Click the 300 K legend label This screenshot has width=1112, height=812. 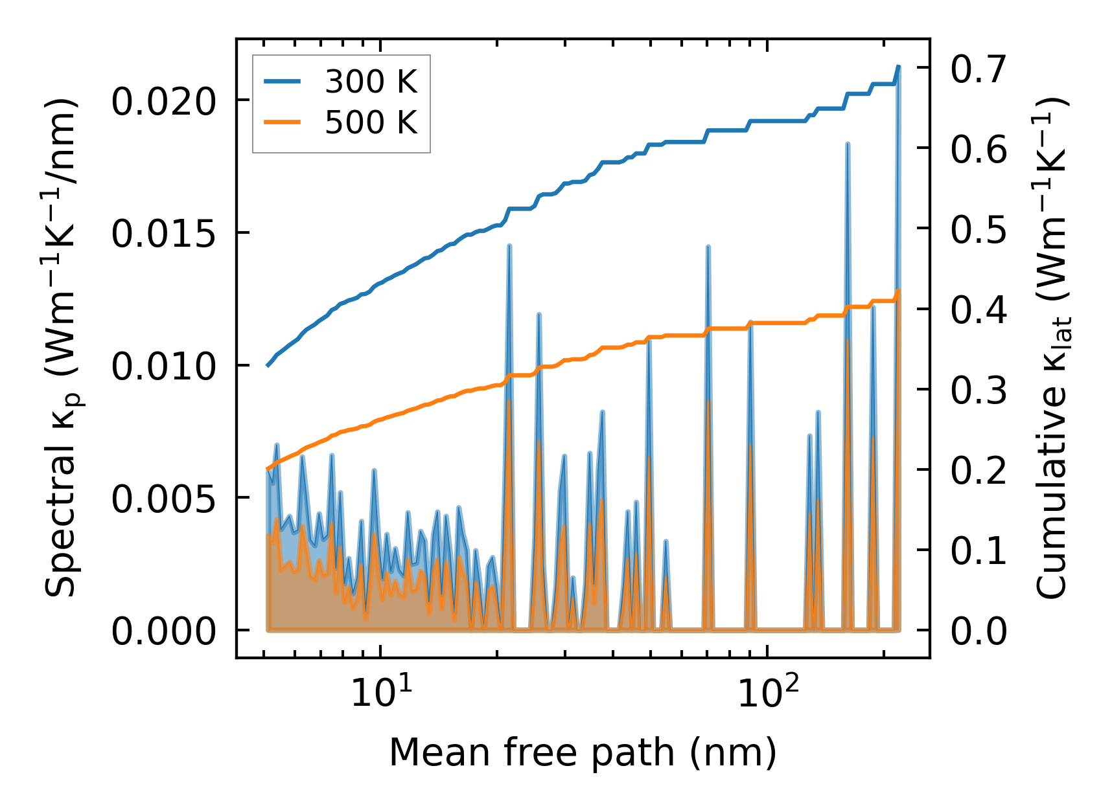pyautogui.click(x=371, y=82)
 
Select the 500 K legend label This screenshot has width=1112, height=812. pyautogui.click(x=371, y=122)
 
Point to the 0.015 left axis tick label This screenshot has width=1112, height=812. pyautogui.click(x=163, y=234)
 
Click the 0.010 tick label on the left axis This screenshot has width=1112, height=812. pyautogui.click(x=163, y=367)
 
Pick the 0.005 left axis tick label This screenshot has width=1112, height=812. pyautogui.click(x=163, y=499)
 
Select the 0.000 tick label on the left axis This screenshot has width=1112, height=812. pyautogui.click(x=163, y=631)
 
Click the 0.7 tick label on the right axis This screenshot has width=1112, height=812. pyautogui.click(x=979, y=69)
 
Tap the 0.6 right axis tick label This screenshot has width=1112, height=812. pyautogui.click(x=979, y=149)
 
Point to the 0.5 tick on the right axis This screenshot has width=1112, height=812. pyautogui.click(x=979, y=229)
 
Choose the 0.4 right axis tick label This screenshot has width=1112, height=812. pyautogui.click(x=979, y=310)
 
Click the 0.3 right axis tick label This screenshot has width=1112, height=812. pyautogui.click(x=979, y=390)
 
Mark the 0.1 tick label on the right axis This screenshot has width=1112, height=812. pyautogui.click(x=979, y=550)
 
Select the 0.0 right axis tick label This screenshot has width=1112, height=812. pyautogui.click(x=979, y=631)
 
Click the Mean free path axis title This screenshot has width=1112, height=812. pyautogui.click(x=583, y=752)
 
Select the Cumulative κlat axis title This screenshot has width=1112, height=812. pyautogui.click(x=1051, y=348)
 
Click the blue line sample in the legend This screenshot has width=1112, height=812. pyautogui.click(x=282, y=82)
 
